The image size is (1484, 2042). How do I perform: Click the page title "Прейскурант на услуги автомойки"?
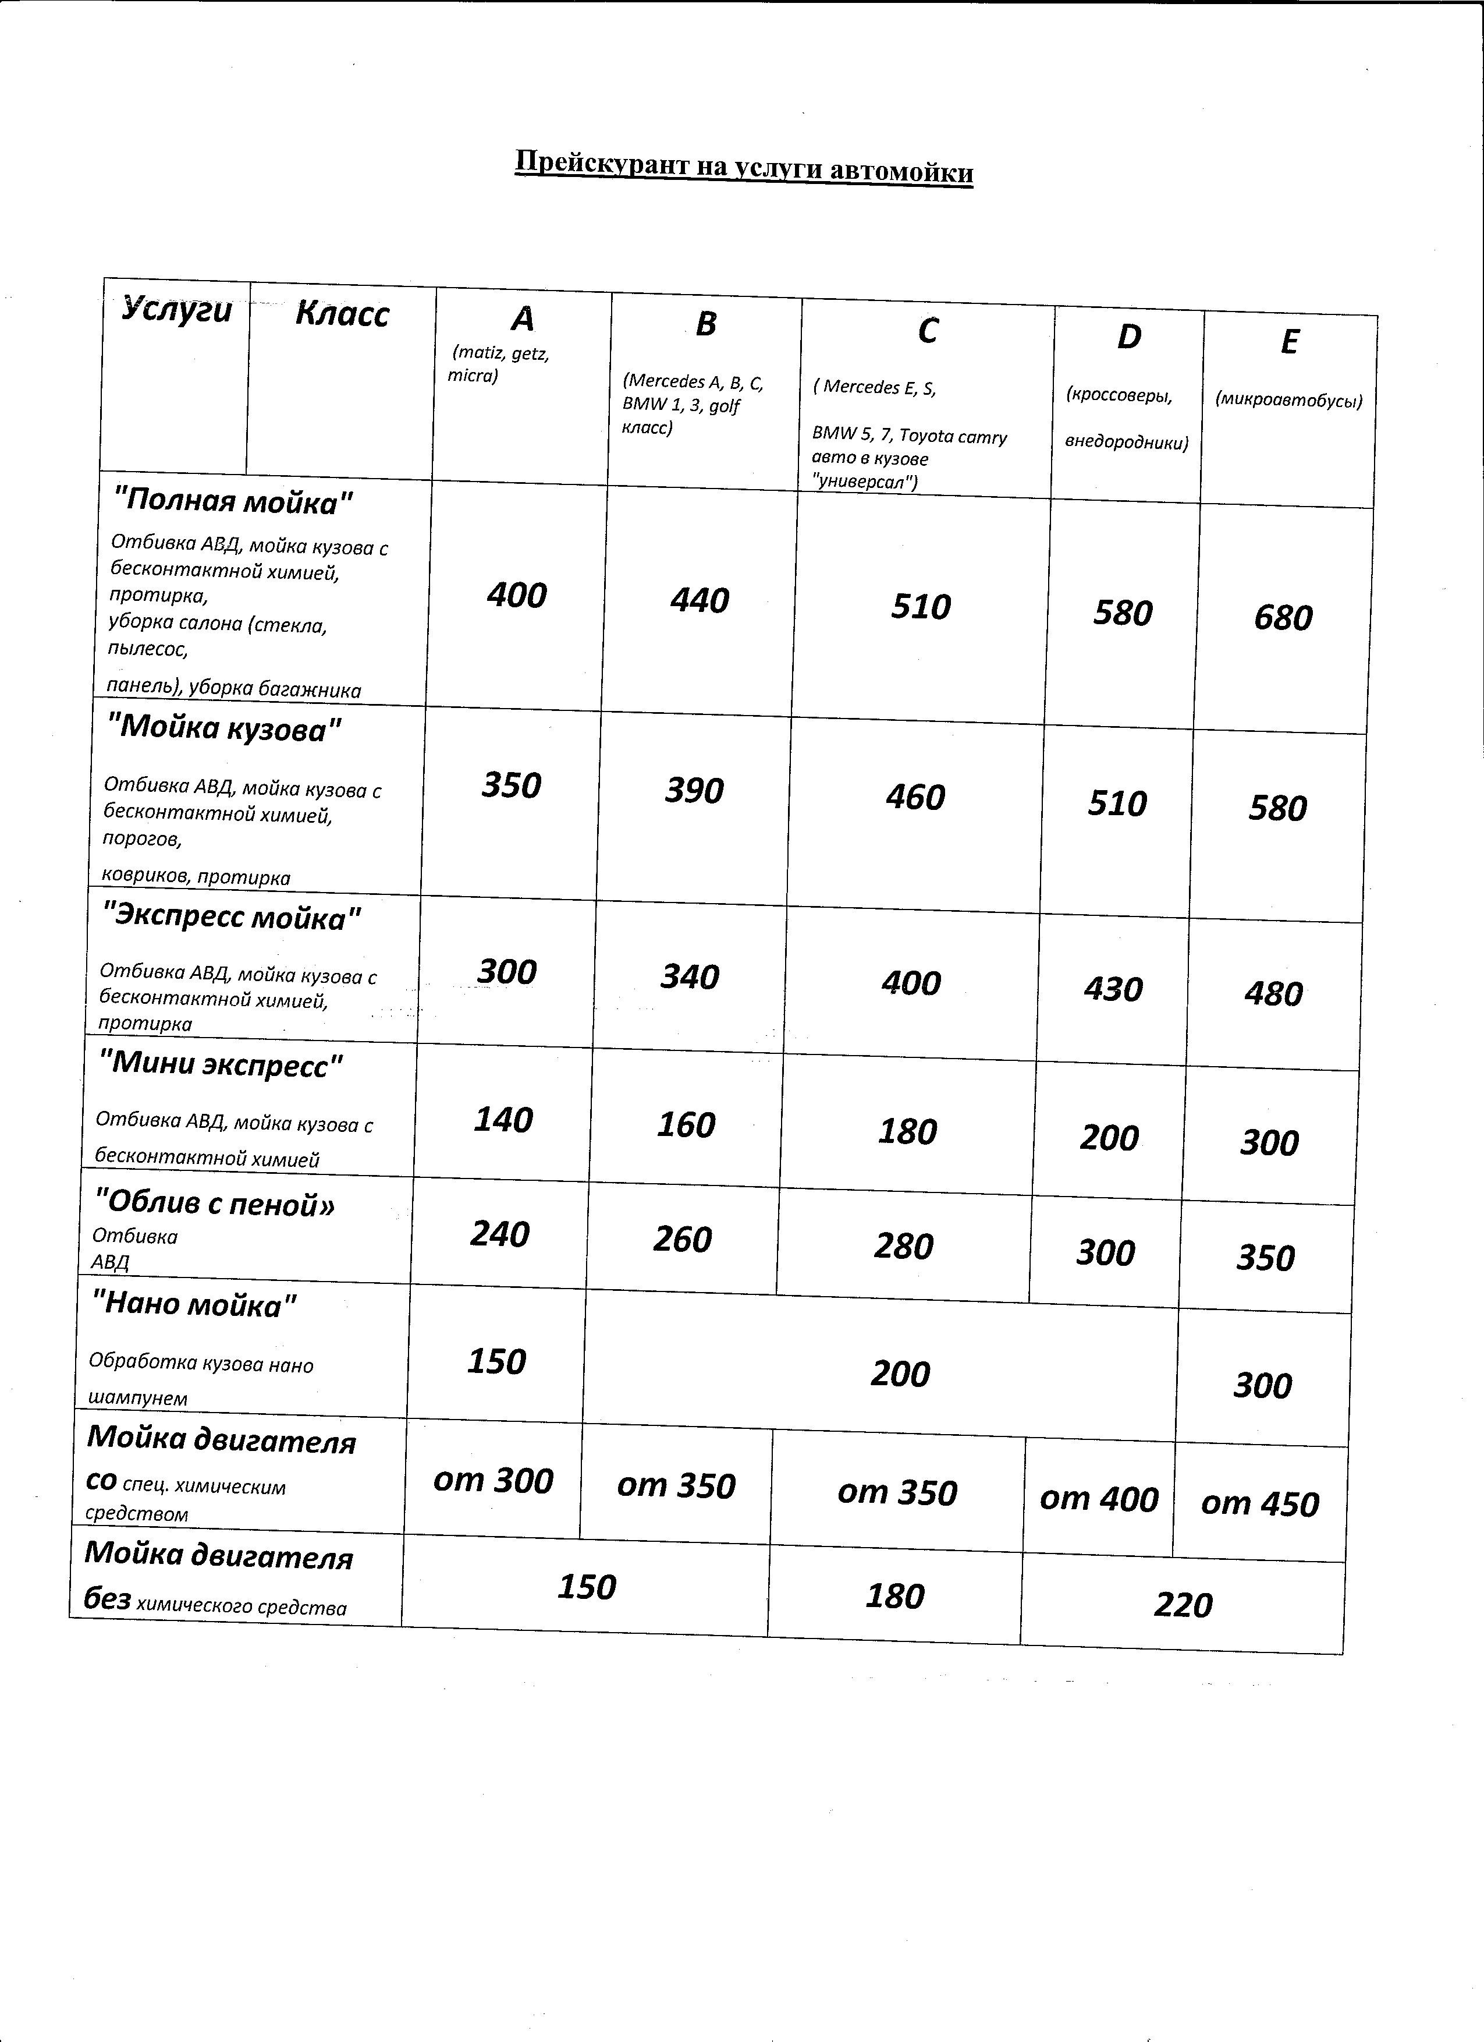pos(743,168)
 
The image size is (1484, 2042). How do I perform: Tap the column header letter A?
pos(522,318)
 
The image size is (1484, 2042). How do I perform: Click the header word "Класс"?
pos(342,314)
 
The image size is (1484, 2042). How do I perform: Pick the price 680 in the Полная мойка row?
pos(1283,618)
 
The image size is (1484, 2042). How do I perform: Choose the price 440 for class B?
pos(700,600)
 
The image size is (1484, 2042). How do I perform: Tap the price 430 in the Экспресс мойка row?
pos(1113,989)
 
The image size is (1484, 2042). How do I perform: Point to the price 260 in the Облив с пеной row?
pos(682,1240)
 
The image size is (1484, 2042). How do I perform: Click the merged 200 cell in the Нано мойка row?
pos(899,1374)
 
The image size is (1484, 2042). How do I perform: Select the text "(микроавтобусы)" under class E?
pos(1288,401)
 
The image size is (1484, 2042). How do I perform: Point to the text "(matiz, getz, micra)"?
pos(499,364)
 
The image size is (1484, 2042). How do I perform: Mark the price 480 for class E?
pos(1273,994)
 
